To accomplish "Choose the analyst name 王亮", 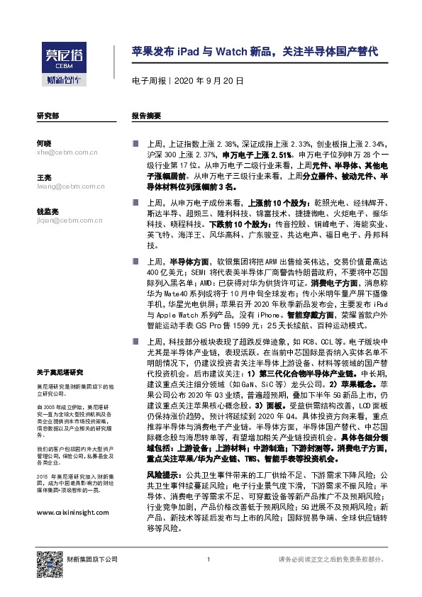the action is click(43, 177).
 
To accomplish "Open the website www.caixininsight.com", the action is click(72, 512).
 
